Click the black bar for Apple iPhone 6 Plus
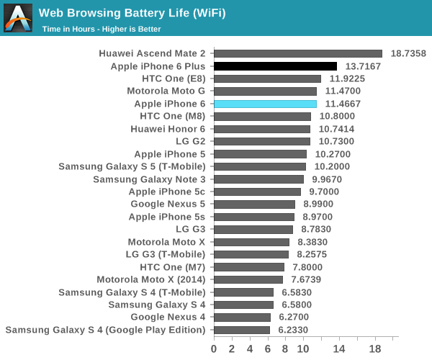click(275, 66)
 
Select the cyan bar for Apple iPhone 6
click(265, 104)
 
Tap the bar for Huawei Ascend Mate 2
click(298, 53)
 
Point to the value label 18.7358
click(408, 53)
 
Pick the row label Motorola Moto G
click(166, 91)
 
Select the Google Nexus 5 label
click(167, 204)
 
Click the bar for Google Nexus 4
click(242, 317)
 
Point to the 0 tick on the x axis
click(214, 349)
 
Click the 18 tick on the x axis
click(375, 349)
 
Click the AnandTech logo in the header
click(18, 18)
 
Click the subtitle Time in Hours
click(101, 29)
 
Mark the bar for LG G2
click(262, 141)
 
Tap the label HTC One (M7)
click(172, 266)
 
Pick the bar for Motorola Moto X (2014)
click(248, 279)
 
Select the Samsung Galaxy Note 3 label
click(149, 179)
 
